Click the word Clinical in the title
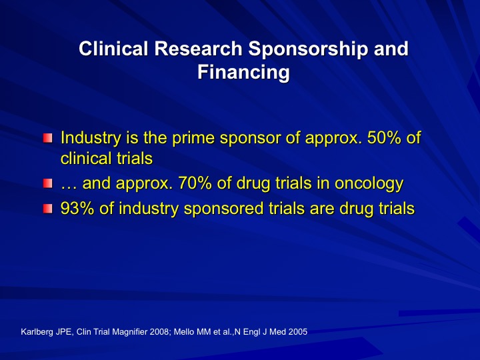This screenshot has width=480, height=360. pos(113,49)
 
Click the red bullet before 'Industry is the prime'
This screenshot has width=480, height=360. pos(47,138)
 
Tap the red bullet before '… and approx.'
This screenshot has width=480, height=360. pos(47,183)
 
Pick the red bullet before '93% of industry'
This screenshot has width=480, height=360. pos(47,209)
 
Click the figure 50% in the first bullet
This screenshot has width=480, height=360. pos(384,137)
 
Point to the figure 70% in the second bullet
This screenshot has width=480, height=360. pos(195,183)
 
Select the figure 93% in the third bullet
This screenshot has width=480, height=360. pos(77,209)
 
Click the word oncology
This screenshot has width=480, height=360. pos(369,185)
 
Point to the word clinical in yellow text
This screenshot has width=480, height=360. pos(83,158)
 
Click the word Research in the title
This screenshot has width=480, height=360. pos(198,49)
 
